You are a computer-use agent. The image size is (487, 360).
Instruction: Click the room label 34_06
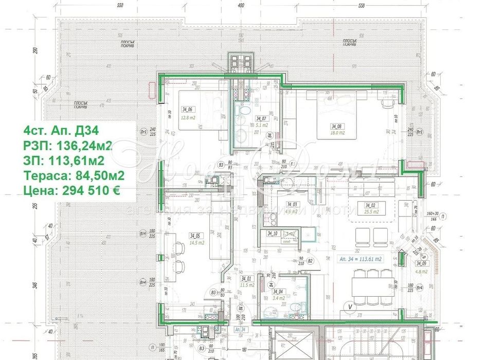click(187, 110)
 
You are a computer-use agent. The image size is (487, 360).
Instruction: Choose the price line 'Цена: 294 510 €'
click(72, 191)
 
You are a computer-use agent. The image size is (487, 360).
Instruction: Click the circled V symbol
click(350, 308)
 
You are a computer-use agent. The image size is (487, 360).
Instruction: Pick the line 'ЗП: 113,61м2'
click(66, 160)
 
